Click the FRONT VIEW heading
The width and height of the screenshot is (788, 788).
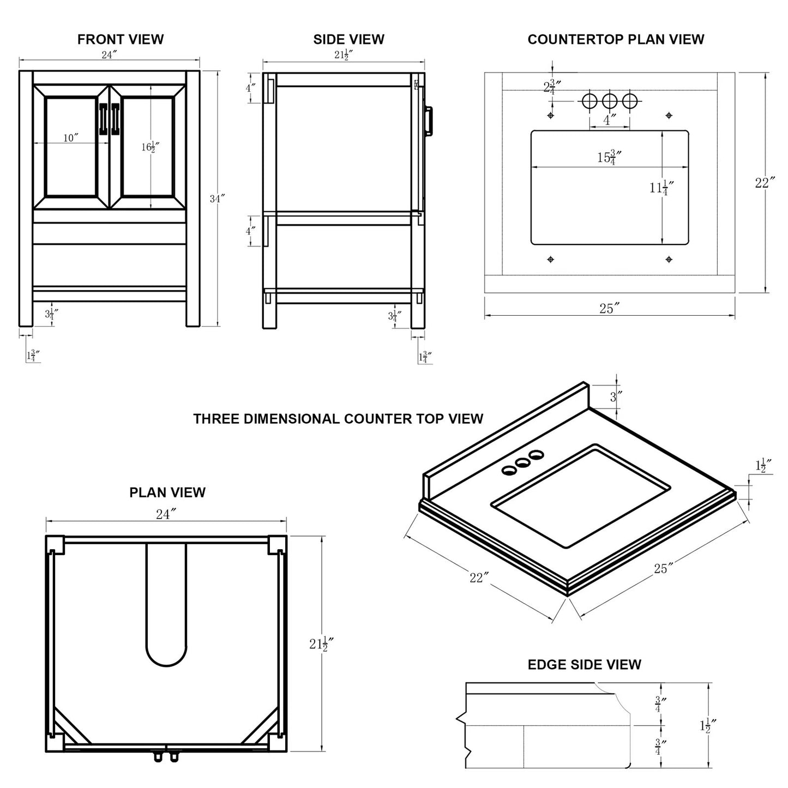pyautogui.click(x=120, y=39)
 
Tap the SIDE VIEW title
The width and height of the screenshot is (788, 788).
pyautogui.click(x=348, y=39)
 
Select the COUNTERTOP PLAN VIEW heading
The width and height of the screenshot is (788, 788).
pyautogui.click(x=616, y=39)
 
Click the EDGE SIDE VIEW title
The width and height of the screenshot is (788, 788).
pyautogui.click(x=584, y=664)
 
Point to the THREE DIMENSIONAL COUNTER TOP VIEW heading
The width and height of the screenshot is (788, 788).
pyautogui.click(x=338, y=419)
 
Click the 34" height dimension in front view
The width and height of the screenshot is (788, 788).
pyautogui.click(x=217, y=198)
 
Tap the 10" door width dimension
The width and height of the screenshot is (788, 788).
pyautogui.click(x=70, y=138)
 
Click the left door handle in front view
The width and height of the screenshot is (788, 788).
pyautogui.click(x=104, y=118)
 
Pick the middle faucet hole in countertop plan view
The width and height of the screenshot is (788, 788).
pyautogui.click(x=609, y=101)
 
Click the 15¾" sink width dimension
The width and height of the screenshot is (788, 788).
pyautogui.click(x=609, y=158)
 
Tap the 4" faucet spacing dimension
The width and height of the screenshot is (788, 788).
pyautogui.click(x=609, y=119)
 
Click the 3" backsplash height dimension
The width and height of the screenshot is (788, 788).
pyautogui.click(x=616, y=396)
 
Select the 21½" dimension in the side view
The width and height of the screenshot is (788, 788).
pyautogui.click(x=344, y=55)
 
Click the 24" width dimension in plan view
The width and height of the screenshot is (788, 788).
pyautogui.click(x=166, y=514)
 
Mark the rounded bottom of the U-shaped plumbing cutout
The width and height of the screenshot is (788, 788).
pyautogui.click(x=166, y=654)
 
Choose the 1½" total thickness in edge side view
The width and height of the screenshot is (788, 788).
pyautogui.click(x=707, y=725)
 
